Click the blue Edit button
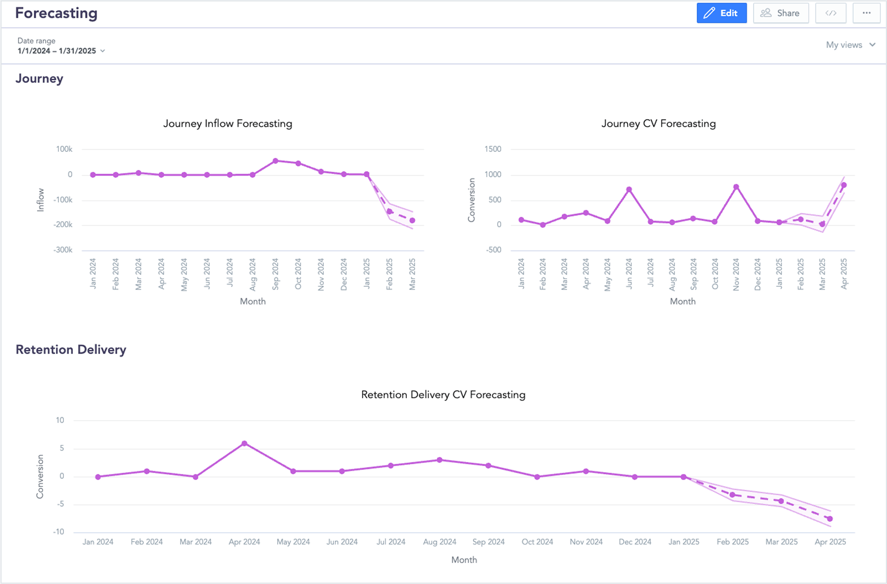pyautogui.click(x=721, y=13)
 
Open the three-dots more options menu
pyautogui.click(x=866, y=13)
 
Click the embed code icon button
pyautogui.click(x=831, y=13)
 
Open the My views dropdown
pyautogui.click(x=850, y=45)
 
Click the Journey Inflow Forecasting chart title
pyautogui.click(x=228, y=124)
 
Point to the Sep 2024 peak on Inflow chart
pyautogui.click(x=276, y=161)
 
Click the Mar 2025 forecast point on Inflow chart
pyautogui.click(x=412, y=221)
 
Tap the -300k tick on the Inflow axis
pyautogui.click(x=63, y=250)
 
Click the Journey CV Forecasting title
pyautogui.click(x=658, y=124)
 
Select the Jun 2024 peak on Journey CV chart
pyautogui.click(x=629, y=190)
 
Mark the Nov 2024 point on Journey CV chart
pyautogui.click(x=736, y=187)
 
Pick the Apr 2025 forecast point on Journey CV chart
pyautogui.click(x=844, y=185)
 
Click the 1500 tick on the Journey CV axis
pyautogui.click(x=493, y=149)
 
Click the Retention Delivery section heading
pyautogui.click(x=71, y=350)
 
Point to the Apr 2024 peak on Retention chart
pyautogui.click(x=244, y=443)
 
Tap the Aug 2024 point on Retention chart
pyautogui.click(x=440, y=460)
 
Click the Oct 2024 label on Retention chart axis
pyautogui.click(x=537, y=542)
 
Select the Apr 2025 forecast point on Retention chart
pyautogui.click(x=830, y=518)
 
